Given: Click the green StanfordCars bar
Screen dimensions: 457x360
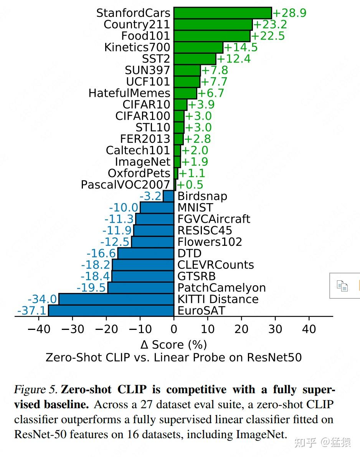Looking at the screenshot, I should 223,13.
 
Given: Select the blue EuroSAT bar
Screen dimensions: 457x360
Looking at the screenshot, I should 111,310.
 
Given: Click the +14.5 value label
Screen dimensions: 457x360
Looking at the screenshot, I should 241,48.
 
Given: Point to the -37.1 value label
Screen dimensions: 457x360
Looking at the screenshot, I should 31,311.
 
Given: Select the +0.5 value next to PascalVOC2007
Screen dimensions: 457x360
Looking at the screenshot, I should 190,185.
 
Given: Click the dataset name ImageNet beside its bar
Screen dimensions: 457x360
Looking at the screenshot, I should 142,162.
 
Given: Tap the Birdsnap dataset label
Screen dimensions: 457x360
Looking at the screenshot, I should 202,196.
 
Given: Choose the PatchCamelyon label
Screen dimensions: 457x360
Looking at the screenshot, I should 221,288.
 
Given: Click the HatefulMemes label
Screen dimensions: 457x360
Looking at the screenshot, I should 129,93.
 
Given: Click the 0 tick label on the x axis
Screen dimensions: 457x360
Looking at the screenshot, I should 174,329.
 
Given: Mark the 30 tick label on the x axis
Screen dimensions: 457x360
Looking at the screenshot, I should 275,329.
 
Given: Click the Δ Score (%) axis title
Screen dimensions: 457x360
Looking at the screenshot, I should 174,344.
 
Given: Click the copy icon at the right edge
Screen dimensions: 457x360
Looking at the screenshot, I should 342,286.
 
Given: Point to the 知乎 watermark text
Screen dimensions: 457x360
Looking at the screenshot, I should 306,443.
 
